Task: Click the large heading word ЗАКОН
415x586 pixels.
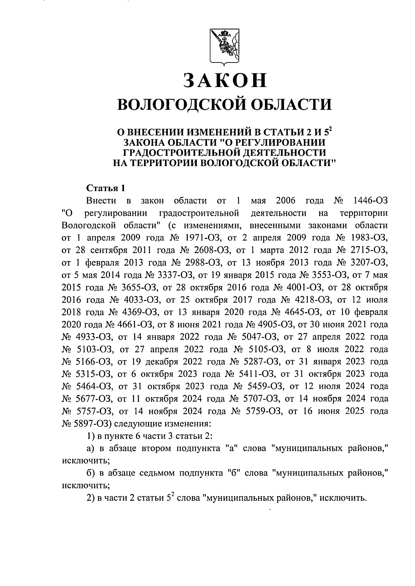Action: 225,80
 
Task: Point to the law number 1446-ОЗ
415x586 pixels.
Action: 369,201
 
